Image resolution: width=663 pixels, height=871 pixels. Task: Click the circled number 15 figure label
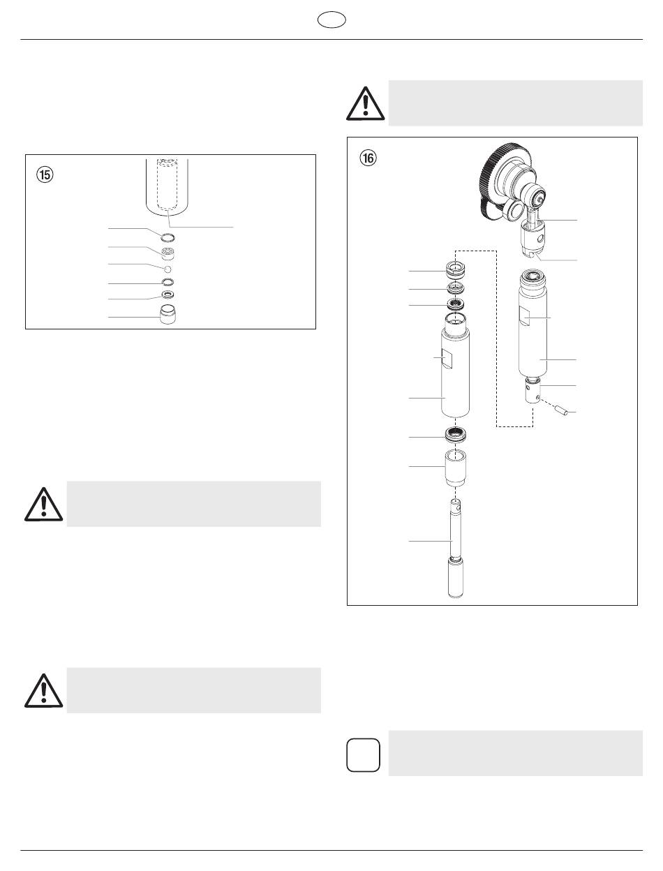pyautogui.click(x=45, y=174)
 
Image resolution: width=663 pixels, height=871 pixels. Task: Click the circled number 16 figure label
pyautogui.click(x=368, y=158)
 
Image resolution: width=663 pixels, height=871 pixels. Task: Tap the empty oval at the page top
pyautogui.click(x=331, y=20)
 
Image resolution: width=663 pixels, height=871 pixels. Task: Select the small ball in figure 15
pyautogui.click(x=167, y=269)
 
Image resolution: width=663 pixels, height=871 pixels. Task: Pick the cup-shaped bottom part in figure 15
pyautogui.click(x=168, y=315)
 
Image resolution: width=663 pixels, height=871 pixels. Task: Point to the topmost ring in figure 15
pyautogui.click(x=167, y=238)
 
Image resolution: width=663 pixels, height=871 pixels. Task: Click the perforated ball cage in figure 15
pyautogui.click(x=168, y=253)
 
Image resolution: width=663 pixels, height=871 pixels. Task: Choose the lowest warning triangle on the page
pyautogui.click(x=44, y=691)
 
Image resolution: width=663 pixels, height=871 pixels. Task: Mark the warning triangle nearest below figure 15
pyautogui.click(x=44, y=505)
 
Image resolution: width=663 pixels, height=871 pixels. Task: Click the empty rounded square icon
pyautogui.click(x=363, y=754)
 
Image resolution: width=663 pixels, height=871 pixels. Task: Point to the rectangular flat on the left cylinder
pyautogui.click(x=447, y=359)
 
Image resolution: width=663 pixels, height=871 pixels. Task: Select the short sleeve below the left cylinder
pyautogui.click(x=455, y=468)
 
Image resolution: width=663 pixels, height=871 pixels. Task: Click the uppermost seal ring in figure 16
pyautogui.click(x=455, y=270)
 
